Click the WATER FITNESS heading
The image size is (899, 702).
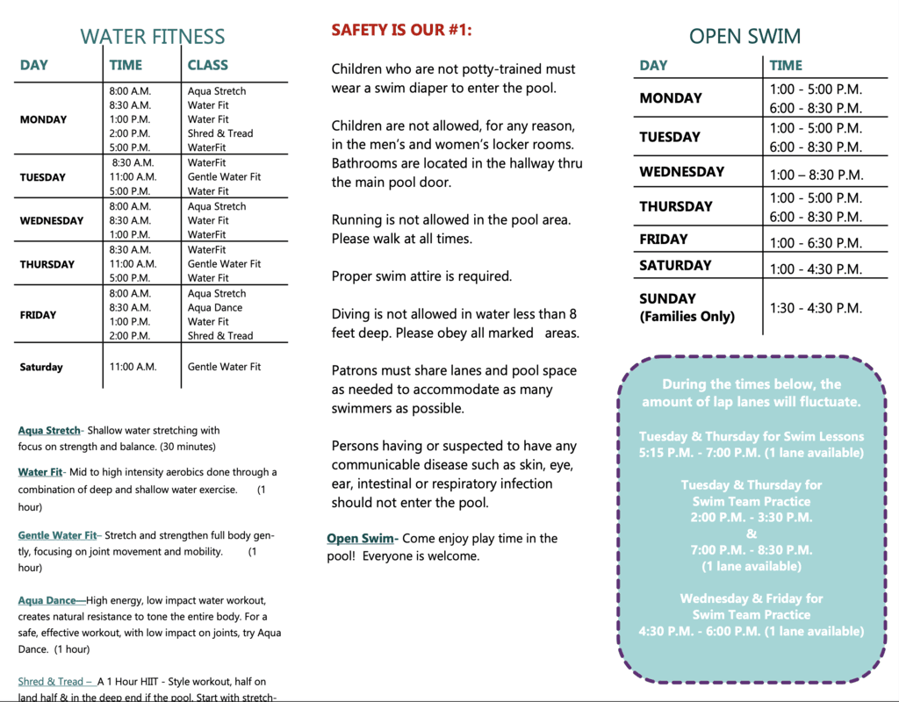(153, 37)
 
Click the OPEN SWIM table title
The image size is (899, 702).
(744, 37)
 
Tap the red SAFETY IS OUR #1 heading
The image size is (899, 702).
(401, 31)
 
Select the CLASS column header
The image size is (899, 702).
(207, 65)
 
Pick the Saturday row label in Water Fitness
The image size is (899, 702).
(41, 368)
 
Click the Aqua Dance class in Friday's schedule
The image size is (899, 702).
(215, 308)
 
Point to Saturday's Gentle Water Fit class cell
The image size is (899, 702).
(224, 367)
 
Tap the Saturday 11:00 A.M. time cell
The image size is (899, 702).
(133, 367)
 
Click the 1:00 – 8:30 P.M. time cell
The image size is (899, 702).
(816, 175)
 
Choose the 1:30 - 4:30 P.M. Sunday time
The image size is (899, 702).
(816, 308)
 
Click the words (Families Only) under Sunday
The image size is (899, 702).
(687, 317)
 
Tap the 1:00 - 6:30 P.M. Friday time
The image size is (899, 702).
(816, 243)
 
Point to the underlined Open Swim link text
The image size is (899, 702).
(360, 539)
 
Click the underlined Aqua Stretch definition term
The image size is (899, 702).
(48, 431)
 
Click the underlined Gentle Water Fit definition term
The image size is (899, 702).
(57, 535)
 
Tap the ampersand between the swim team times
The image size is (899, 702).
(751, 534)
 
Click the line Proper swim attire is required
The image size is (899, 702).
(421, 276)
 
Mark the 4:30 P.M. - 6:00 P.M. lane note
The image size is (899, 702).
(751, 631)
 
